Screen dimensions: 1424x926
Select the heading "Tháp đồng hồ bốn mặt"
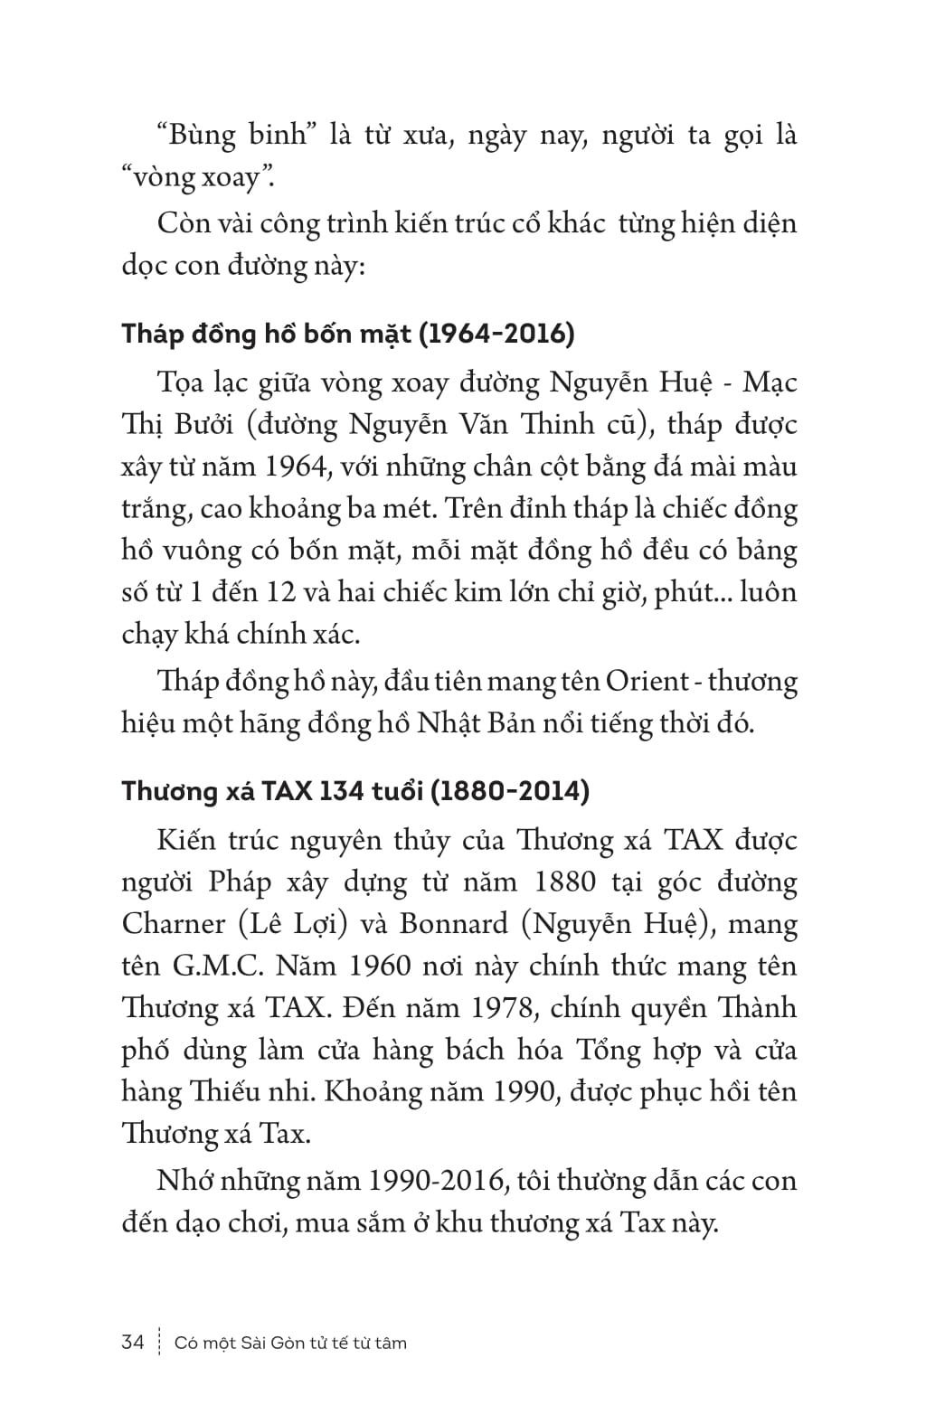tap(267, 334)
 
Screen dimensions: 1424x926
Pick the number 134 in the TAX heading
tap(337, 791)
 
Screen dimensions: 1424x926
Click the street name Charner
tap(172, 924)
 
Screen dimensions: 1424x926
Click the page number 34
tap(132, 1343)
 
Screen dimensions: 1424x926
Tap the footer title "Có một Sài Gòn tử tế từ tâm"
tap(290, 1343)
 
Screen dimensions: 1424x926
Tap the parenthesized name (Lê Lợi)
tap(290, 924)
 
